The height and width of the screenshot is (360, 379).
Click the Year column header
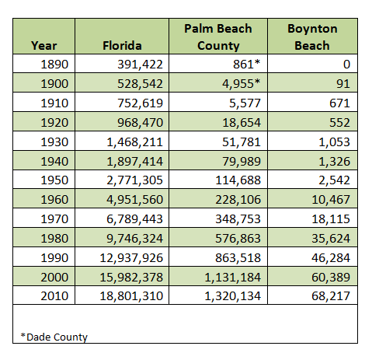pyautogui.click(x=43, y=46)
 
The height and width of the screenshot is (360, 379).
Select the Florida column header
pyautogui.click(x=122, y=46)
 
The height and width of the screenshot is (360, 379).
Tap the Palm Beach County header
pyautogui.click(x=218, y=37)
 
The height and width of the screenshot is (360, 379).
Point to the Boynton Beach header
pyautogui.click(x=312, y=37)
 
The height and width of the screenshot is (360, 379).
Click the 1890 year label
pyautogui.click(x=54, y=65)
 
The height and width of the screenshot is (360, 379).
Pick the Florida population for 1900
pyautogui.click(x=140, y=84)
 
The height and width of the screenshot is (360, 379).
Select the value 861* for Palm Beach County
pyautogui.click(x=246, y=64)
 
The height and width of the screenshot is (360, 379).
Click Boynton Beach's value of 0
pyautogui.click(x=346, y=65)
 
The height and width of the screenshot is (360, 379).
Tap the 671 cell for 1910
pyautogui.click(x=339, y=103)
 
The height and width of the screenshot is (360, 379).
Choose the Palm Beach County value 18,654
pyautogui.click(x=242, y=123)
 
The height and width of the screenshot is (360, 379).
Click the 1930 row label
pyautogui.click(x=54, y=142)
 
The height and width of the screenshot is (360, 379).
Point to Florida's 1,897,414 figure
pyautogui.click(x=135, y=162)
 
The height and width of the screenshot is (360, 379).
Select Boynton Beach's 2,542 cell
pyautogui.click(x=334, y=180)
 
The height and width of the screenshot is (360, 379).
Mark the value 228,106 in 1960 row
pyautogui.click(x=238, y=200)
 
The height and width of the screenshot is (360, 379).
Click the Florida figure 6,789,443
pyautogui.click(x=134, y=219)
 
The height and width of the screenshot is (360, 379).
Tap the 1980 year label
pyautogui.click(x=54, y=239)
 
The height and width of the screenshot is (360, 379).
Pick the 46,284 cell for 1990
pyautogui.click(x=331, y=258)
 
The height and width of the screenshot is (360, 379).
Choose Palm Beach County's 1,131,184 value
pyautogui.click(x=233, y=278)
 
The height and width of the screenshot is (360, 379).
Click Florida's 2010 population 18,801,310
pyautogui.click(x=131, y=296)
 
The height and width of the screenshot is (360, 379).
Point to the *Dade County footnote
pyautogui.click(x=54, y=337)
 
